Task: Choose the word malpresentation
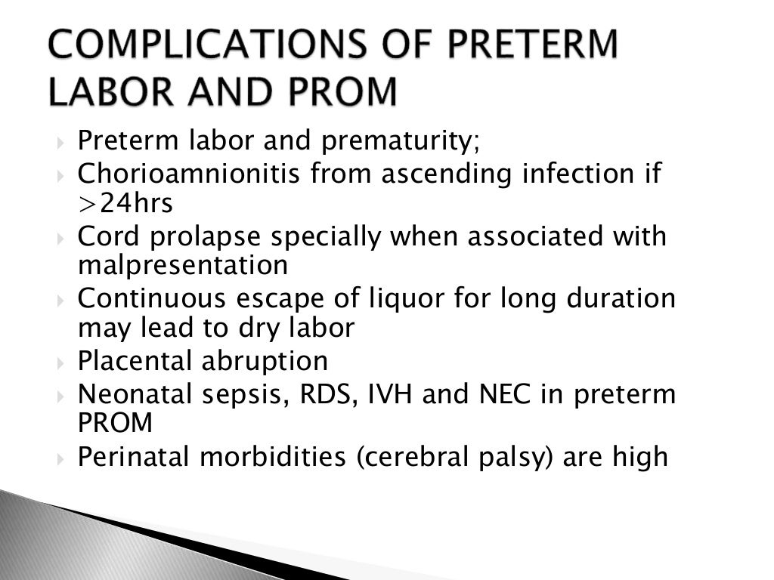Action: coord(183,265)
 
